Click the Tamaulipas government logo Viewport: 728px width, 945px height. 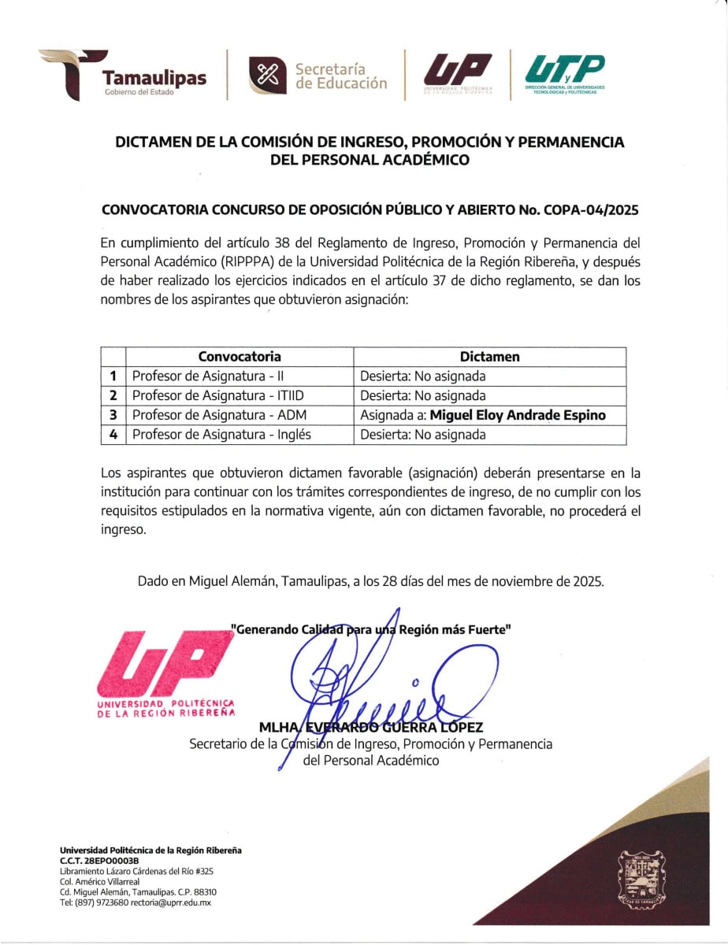[x=122, y=76]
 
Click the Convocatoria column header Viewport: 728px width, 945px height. [x=240, y=357]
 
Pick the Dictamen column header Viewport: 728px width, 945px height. [x=489, y=357]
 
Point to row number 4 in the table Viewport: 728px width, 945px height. [x=113, y=435]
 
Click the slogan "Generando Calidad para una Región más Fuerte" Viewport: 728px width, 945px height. [x=371, y=629]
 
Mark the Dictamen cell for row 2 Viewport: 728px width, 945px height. [x=423, y=396]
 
